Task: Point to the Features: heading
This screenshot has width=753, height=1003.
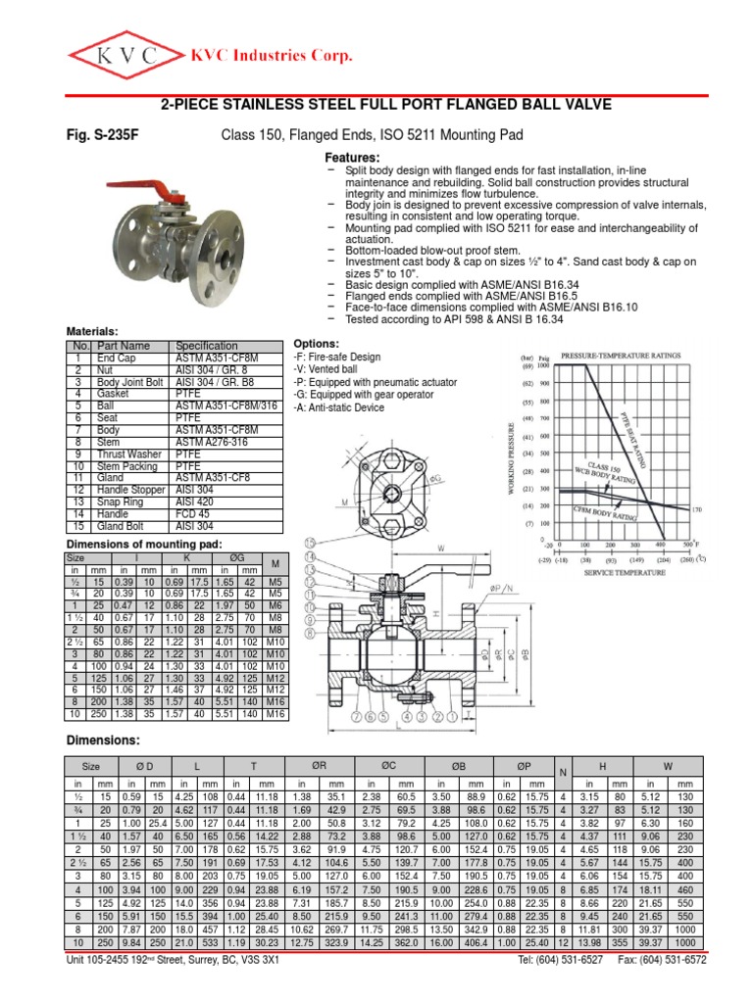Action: (351, 159)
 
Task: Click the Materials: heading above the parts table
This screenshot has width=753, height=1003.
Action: (92, 333)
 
